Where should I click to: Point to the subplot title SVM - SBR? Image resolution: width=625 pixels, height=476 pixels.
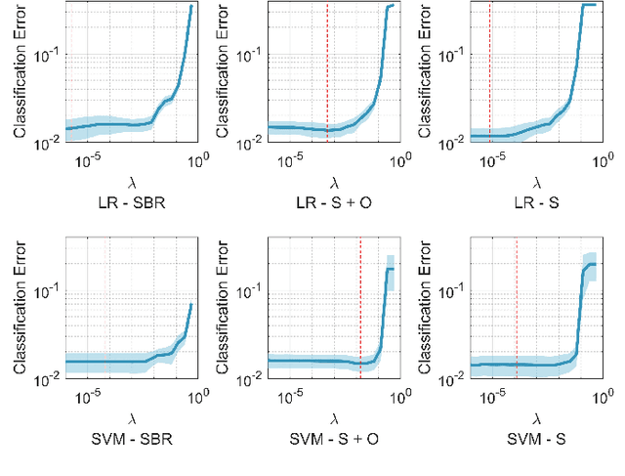[x=131, y=438]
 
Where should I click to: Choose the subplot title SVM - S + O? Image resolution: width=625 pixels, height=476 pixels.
[x=334, y=438]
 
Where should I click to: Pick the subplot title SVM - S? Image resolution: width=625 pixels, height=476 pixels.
[x=536, y=438]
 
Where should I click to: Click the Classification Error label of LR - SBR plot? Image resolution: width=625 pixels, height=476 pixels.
[x=21, y=74]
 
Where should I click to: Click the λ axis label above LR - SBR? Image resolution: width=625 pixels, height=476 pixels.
[x=131, y=182]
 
